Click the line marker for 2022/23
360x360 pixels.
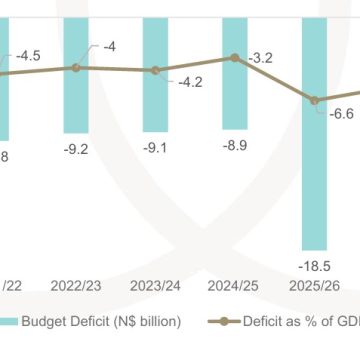tap(76, 67)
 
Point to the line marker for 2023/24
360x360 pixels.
tap(156, 70)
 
